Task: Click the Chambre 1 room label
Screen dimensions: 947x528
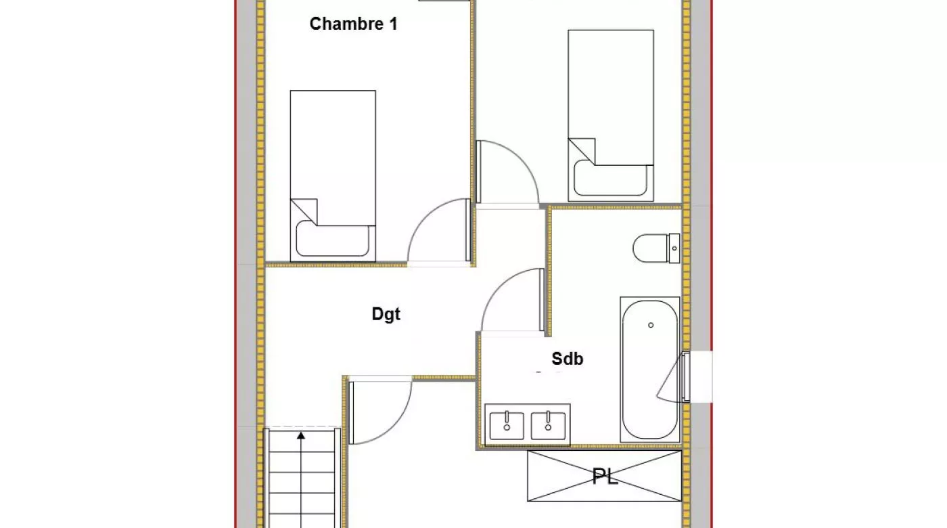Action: pyautogui.click(x=353, y=24)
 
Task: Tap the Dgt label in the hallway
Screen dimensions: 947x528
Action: pyautogui.click(x=386, y=314)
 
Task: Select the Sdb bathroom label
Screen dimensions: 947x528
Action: pyautogui.click(x=568, y=359)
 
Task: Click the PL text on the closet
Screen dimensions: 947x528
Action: pyautogui.click(x=605, y=477)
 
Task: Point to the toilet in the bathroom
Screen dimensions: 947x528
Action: pyautogui.click(x=656, y=248)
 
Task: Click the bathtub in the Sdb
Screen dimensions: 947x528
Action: pyautogui.click(x=650, y=370)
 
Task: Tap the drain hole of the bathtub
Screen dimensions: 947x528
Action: pyautogui.click(x=651, y=325)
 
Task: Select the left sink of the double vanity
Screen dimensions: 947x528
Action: pyautogui.click(x=507, y=426)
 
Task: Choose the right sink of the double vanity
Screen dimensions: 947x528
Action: pyautogui.click(x=548, y=426)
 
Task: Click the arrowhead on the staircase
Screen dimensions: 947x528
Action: pyautogui.click(x=301, y=435)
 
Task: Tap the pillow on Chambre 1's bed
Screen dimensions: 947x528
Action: pyautogui.click(x=332, y=240)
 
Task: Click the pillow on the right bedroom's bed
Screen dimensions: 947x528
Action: pyautogui.click(x=610, y=179)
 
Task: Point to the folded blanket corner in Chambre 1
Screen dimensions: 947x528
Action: pyautogui.click(x=304, y=211)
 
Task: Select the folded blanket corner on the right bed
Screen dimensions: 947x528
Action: pyautogui.click(x=582, y=151)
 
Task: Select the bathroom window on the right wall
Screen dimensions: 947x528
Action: pyautogui.click(x=685, y=376)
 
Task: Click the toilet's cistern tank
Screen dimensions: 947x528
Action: pyautogui.click(x=674, y=248)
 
